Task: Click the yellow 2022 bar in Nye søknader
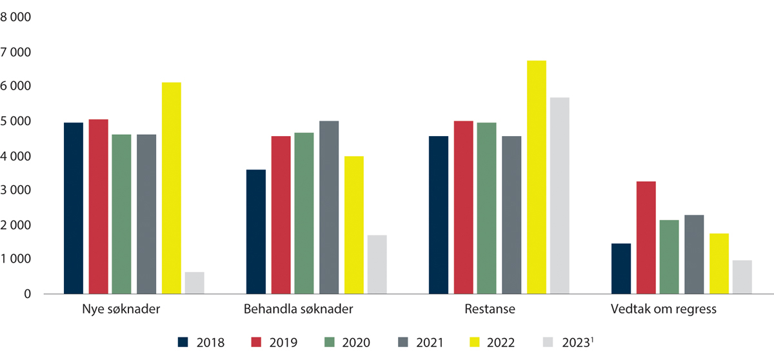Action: (172, 188)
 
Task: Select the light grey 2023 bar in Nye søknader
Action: (195, 283)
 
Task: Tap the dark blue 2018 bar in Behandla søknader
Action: (256, 232)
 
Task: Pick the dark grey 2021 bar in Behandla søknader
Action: (329, 207)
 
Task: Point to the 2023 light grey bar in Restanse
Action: (560, 195)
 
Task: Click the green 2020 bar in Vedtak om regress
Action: (670, 257)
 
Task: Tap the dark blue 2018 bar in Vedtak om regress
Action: (621, 268)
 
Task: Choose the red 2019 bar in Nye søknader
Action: (99, 206)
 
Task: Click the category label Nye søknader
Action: (123, 310)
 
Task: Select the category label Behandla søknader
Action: (298, 310)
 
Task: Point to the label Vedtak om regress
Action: (664, 310)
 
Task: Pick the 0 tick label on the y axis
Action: (26, 294)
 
